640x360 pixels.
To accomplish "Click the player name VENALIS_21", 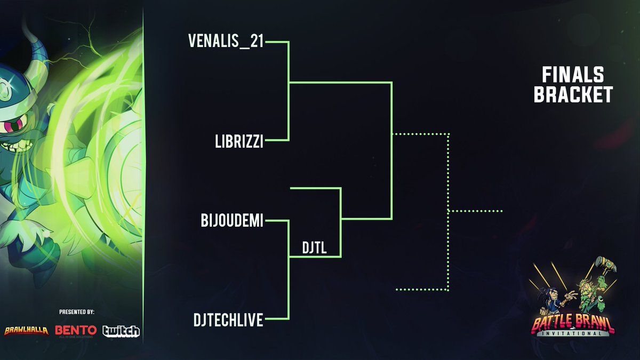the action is coord(226,41).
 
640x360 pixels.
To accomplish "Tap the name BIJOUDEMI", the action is coord(232,221).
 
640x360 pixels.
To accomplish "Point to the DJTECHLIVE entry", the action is coord(228,321).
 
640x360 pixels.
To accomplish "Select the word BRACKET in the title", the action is coord(573,95).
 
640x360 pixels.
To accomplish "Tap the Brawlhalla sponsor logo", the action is coord(27,331).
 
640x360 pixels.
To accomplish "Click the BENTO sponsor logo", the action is coord(76,331).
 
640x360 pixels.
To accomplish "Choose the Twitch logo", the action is coord(121,331).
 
